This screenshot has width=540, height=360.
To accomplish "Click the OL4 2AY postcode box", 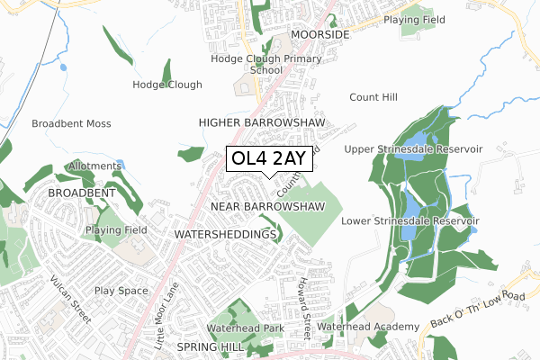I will pos(270,159).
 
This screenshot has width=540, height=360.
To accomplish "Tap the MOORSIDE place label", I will pos(319,34).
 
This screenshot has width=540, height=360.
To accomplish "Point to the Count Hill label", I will pos(373,96).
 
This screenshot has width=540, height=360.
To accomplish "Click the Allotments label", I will pos(86,166).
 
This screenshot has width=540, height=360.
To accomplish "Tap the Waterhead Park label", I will pos(245,329).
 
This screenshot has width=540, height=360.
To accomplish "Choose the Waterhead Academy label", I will pos(367,327).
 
